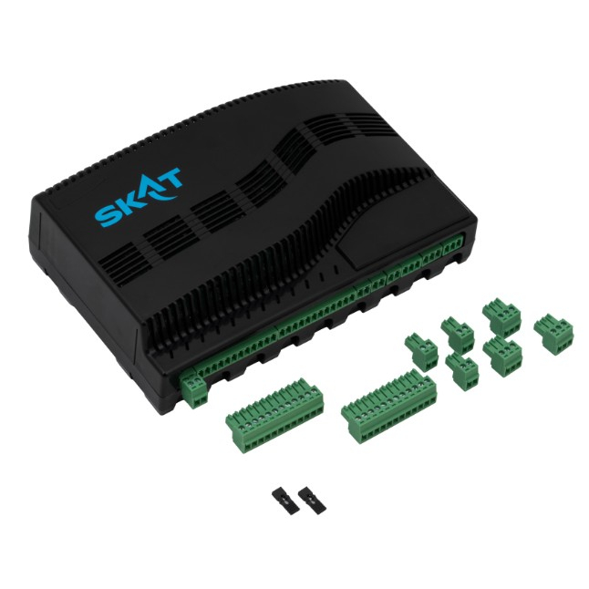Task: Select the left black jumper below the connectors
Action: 286,501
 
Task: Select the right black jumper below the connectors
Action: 313,498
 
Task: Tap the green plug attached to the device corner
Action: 194,390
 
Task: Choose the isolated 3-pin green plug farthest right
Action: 553,335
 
